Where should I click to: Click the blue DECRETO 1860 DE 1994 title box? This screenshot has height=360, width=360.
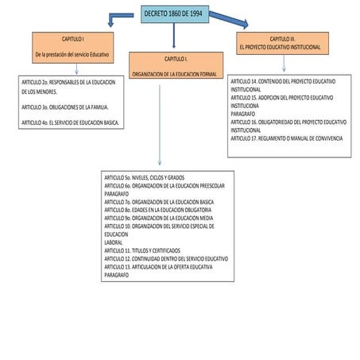pyautogui.click(x=175, y=14)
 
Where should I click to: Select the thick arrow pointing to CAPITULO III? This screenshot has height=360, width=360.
pyautogui.click(x=229, y=19)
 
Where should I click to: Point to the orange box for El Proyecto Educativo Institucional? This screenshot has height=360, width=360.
pyautogui.click(x=282, y=43)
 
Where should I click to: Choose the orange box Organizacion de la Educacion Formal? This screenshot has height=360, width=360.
pyautogui.click(x=176, y=65)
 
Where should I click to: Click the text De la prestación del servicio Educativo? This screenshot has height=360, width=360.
pyautogui.click(x=72, y=55)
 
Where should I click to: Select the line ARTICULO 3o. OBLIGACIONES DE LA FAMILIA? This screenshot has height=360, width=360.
pyautogui.click(x=65, y=107)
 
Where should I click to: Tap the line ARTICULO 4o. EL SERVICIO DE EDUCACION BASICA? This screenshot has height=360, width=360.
pyautogui.click(x=70, y=122)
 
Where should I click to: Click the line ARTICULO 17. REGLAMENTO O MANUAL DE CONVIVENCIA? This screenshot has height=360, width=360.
pyautogui.click(x=287, y=138)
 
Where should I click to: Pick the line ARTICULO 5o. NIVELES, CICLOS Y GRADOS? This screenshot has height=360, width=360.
pyautogui.click(x=145, y=177)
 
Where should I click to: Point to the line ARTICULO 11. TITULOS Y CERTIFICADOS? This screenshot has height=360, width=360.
pyautogui.click(x=142, y=250)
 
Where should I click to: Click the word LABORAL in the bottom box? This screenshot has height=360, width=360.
pyautogui.click(x=114, y=242)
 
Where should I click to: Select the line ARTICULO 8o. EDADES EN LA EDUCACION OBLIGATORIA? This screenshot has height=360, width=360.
pyautogui.click(x=158, y=210)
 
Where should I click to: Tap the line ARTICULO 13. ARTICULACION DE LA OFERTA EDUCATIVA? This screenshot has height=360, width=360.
pyautogui.click(x=158, y=267)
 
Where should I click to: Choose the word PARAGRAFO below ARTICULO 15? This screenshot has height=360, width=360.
pyautogui.click(x=243, y=114)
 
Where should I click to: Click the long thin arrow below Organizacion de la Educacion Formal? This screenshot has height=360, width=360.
pyautogui.click(x=160, y=125)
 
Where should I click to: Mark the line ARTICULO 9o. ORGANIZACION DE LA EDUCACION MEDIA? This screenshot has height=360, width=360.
pyautogui.click(x=159, y=218)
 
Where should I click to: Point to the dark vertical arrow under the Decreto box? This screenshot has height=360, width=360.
pyautogui.click(x=174, y=36)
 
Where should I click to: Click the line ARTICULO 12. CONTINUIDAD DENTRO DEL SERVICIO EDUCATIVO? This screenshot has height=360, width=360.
pyautogui.click(x=166, y=259)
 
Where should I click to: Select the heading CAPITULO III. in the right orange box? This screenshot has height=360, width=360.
pyautogui.click(x=282, y=39)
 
